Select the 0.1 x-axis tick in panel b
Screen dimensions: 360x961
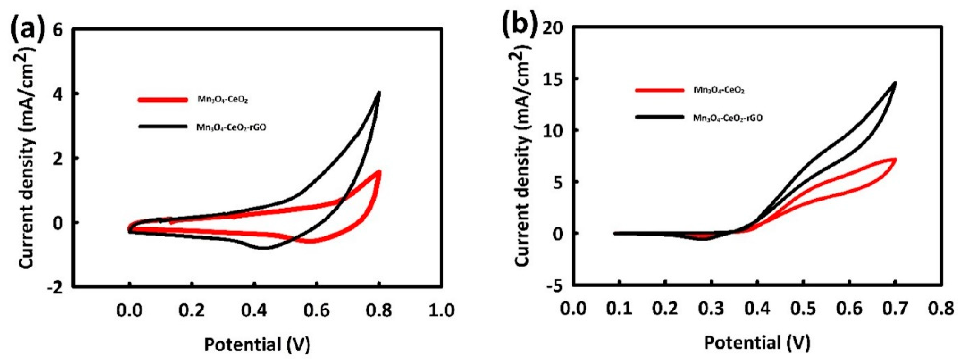(x=619, y=309)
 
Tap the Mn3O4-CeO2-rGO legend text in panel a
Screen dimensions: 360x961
(x=231, y=127)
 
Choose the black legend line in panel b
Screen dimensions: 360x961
(x=660, y=117)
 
